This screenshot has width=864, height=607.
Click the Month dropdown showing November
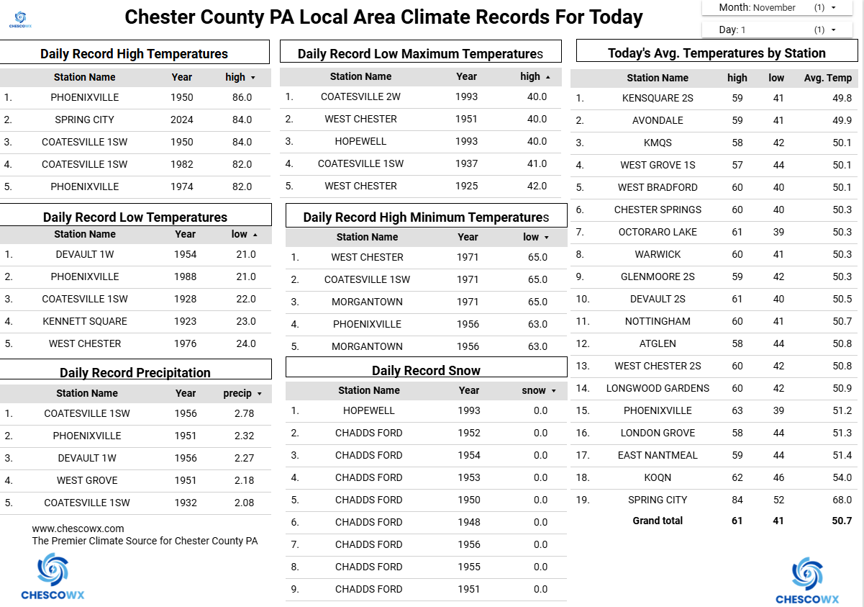pos(777,8)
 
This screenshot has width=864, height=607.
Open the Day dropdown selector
pos(777,30)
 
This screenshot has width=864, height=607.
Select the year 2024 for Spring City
pos(182,120)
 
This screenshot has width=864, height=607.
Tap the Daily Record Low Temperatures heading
pos(135,217)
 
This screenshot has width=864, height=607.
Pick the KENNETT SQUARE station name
pos(85,321)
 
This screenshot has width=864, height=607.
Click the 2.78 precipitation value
pos(244,413)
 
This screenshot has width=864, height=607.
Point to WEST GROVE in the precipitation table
pos(87,480)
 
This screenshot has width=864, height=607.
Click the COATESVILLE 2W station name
pos(360,96)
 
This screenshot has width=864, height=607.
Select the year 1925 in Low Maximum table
pos(466,186)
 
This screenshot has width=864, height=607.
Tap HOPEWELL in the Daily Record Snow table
pos(369,410)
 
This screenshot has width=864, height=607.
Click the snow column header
pos(535,390)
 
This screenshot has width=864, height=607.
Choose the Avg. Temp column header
pos(827,78)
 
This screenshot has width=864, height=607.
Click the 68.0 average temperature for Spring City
pos(841,500)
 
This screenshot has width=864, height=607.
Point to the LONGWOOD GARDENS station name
pos(658,388)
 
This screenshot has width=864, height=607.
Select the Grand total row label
pos(658,521)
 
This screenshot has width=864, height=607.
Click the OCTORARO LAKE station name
pos(658,232)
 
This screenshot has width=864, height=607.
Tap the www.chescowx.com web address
pos(78,529)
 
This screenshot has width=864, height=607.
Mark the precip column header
pos(238,393)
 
